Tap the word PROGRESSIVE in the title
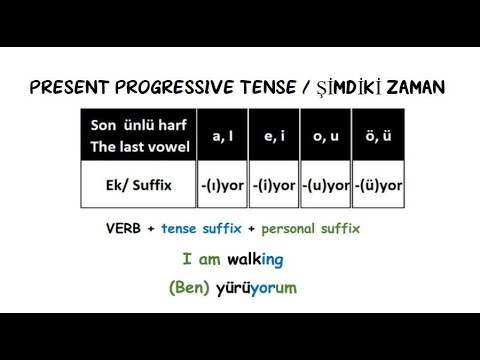click(172, 88)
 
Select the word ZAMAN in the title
click(411, 88)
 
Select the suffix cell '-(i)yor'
click(271, 185)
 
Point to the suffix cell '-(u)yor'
click(325, 185)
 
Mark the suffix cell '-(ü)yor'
click(379, 185)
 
